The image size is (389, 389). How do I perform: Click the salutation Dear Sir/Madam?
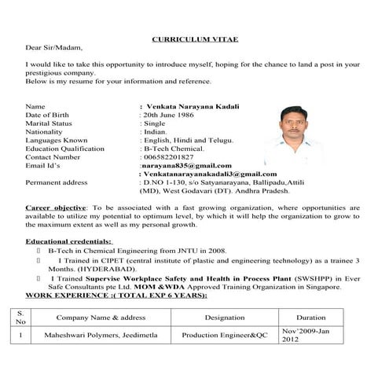click(53, 47)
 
